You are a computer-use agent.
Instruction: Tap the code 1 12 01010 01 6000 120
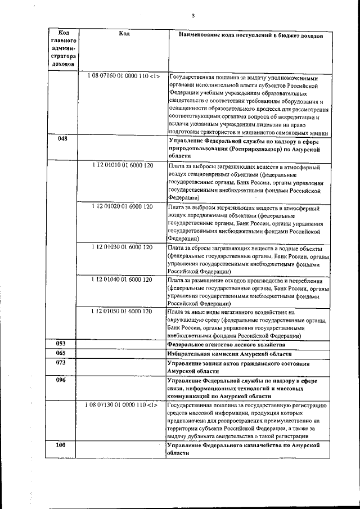click(122, 167)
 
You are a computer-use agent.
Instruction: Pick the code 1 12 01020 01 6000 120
click(122, 207)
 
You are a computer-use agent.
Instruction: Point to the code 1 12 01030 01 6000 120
click(122, 247)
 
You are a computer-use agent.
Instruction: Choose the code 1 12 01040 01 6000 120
click(122, 280)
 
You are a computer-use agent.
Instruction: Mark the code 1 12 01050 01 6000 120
click(122, 311)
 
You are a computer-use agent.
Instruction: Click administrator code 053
click(62, 343)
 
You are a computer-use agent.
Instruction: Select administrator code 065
click(62, 353)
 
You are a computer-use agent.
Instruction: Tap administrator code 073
click(62, 363)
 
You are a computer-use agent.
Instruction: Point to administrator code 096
click(62, 380)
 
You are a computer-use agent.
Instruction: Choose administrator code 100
click(62, 445)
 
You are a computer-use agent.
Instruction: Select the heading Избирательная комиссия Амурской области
click(229, 354)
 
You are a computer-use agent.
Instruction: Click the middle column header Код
click(124, 34)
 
